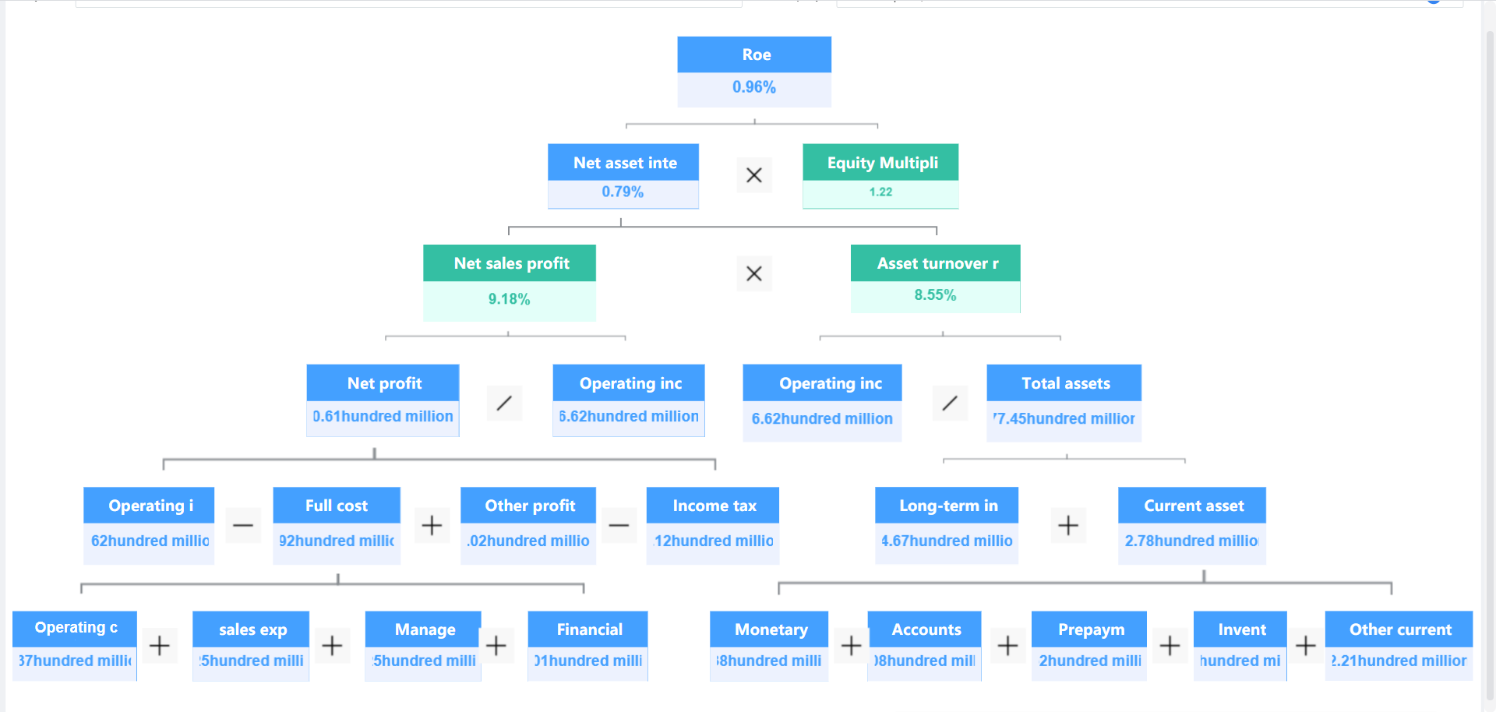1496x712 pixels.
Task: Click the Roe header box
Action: click(x=754, y=55)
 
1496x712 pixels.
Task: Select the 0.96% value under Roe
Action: click(x=754, y=87)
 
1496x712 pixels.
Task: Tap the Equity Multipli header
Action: click(x=880, y=163)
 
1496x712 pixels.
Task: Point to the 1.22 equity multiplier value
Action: click(x=880, y=192)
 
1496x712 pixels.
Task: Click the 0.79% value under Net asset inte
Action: click(x=623, y=192)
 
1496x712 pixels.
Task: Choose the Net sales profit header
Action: click(x=510, y=263)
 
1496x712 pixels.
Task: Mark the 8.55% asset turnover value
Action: click(x=935, y=295)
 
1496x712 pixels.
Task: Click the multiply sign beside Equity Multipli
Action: click(x=754, y=175)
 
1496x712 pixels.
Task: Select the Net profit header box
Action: click(x=383, y=383)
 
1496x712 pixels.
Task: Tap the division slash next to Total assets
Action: click(x=950, y=403)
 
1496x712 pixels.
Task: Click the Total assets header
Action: click(x=1064, y=383)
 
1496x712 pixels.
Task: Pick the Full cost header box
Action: click(x=337, y=506)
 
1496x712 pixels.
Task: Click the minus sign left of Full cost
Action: click(x=243, y=525)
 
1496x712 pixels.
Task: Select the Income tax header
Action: click(x=713, y=506)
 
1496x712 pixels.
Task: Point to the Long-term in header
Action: click(x=947, y=506)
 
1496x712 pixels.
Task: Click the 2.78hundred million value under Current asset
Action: click(x=1191, y=541)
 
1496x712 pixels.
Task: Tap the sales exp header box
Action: click(x=252, y=629)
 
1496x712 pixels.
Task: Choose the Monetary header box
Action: click(x=770, y=629)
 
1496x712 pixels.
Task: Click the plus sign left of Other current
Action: click(x=1306, y=645)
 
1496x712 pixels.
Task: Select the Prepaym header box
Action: click(x=1090, y=629)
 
